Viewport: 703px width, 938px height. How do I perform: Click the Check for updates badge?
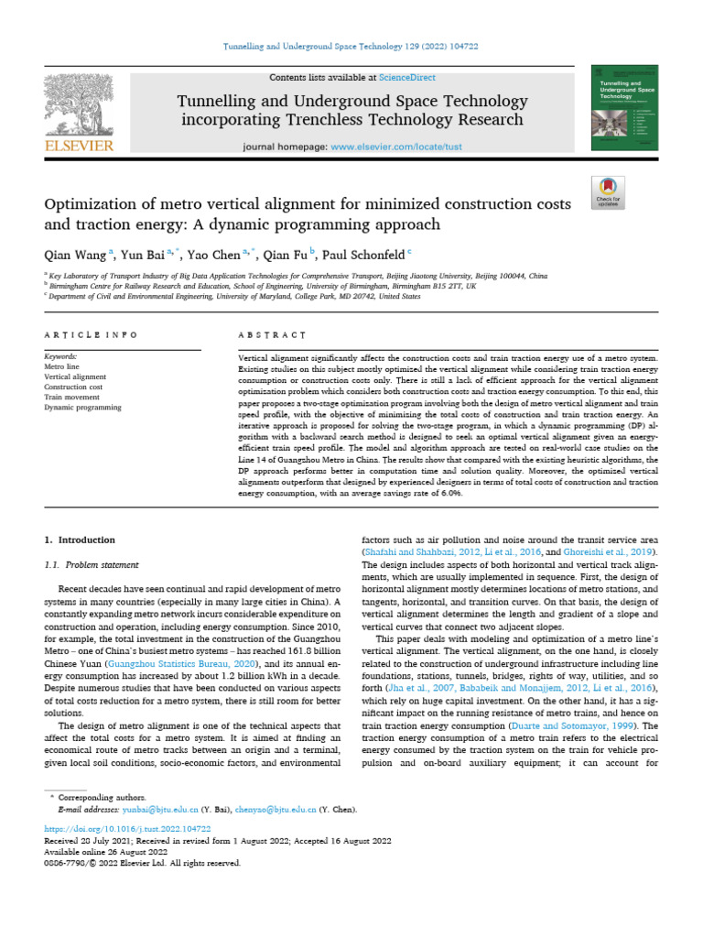608,189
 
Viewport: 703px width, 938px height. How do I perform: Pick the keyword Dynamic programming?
83,407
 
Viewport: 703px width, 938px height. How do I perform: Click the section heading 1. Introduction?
81,540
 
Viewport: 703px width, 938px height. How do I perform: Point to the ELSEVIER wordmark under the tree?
78,146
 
